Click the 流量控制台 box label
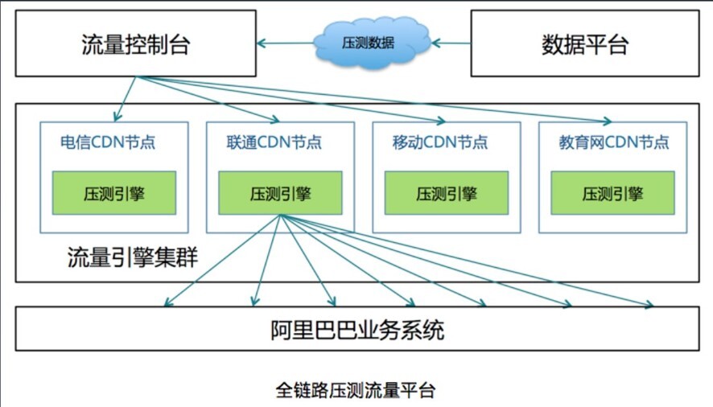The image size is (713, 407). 135,44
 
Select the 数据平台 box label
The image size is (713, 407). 585,44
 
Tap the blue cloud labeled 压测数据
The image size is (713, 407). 372,43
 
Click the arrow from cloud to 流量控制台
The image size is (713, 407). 285,43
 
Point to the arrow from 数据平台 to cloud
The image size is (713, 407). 451,43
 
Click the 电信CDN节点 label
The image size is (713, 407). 108,142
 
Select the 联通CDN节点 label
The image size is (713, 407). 274,142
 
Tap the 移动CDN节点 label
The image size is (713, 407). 440,142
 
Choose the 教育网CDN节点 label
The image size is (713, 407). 614,142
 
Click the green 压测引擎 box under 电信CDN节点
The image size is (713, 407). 114,193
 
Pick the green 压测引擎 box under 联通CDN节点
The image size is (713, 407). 280,193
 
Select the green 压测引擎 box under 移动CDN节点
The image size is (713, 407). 447,193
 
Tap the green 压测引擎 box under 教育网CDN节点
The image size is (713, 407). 612,193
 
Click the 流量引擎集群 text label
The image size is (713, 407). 133,257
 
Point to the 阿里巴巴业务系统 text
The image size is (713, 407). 357,330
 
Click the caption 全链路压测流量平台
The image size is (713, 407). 356,390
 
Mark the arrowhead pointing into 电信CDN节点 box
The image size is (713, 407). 117,117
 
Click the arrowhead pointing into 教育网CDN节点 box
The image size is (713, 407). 608,121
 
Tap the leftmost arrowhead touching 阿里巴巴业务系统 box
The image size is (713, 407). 167,303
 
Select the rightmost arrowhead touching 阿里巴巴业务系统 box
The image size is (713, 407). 649,305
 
